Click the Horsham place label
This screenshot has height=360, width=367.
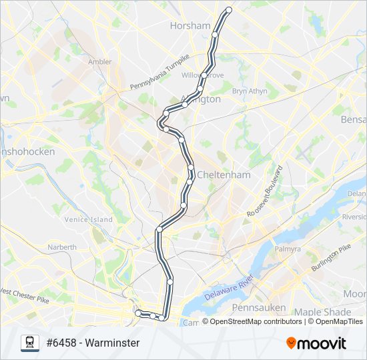click(x=190, y=25)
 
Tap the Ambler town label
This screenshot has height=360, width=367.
click(x=100, y=62)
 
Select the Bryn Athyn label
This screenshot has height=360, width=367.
click(x=249, y=91)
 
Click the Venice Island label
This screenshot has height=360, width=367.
click(x=88, y=219)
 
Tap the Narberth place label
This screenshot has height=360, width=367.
click(x=62, y=247)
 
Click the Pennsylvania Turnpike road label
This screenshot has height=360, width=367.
click(x=159, y=73)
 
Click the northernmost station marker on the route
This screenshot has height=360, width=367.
click(x=229, y=10)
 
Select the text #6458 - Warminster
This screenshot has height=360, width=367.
click(x=93, y=343)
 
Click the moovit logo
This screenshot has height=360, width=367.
click(x=316, y=343)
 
